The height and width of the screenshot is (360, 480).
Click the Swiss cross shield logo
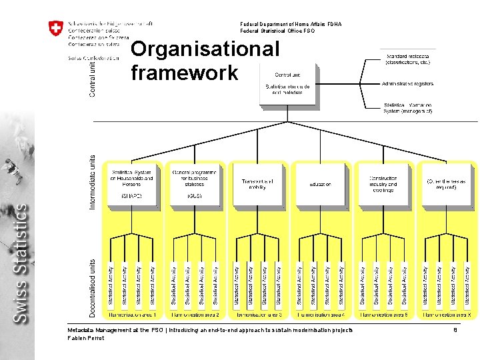56,29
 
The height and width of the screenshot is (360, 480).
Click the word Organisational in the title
205,49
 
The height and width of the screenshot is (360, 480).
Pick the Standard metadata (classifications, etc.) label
408,59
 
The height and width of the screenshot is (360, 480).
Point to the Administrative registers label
408,84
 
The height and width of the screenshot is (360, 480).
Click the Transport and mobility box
257,183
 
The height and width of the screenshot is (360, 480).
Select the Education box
320,184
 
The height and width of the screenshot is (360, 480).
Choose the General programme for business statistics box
195,183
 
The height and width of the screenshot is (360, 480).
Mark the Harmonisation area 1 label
133,314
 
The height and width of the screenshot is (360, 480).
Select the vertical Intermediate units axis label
92,183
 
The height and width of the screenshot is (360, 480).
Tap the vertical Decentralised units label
92,287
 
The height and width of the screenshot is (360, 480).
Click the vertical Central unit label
92,76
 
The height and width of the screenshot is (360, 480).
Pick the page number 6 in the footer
455,330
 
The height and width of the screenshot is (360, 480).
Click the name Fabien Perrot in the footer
86,338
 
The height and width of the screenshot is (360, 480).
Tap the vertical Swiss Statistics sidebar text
22,263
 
